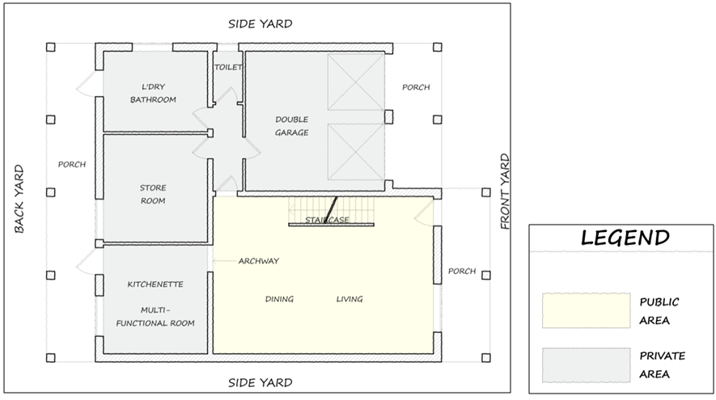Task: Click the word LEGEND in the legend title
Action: (625, 238)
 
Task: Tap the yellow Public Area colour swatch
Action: (587, 310)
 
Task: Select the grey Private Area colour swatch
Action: (587, 365)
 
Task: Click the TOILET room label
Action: (228, 67)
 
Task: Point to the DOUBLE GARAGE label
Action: (292, 126)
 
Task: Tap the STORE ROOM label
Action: (153, 194)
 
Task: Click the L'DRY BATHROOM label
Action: (153, 93)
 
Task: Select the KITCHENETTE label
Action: (155, 284)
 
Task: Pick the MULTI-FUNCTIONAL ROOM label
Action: (155, 317)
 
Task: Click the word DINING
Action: (279, 299)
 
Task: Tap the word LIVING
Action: (350, 299)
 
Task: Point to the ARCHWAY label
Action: (258, 261)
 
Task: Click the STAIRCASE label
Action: (327, 220)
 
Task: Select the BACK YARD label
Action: (19, 199)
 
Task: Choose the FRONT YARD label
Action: (504, 191)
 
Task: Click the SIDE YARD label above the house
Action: (261, 23)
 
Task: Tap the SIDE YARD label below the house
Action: (261, 382)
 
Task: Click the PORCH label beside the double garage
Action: (416, 87)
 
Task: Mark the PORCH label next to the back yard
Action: (72, 164)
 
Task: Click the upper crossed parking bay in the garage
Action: (356, 82)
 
